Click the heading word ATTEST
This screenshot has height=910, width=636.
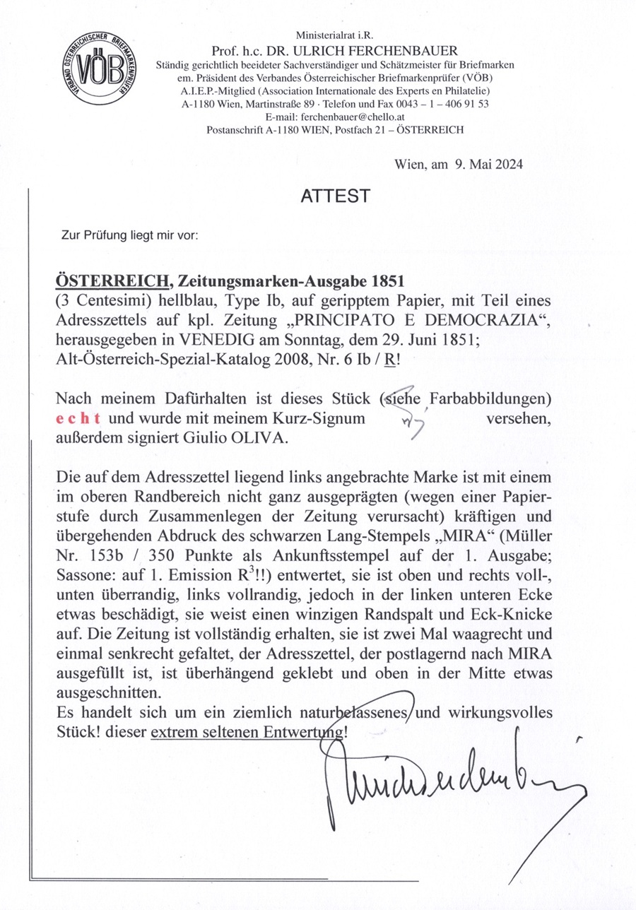pyautogui.click(x=335, y=196)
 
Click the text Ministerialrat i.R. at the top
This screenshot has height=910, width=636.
pyautogui.click(x=335, y=36)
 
